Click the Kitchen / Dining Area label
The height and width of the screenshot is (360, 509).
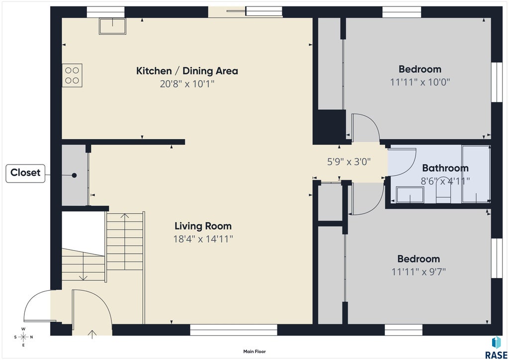pos(187,71)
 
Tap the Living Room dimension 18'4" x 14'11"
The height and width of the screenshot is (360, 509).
pos(203,239)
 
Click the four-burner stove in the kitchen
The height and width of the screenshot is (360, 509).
pos(72,75)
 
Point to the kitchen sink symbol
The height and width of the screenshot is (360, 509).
pos(112,26)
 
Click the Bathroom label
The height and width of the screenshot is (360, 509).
pos(445,168)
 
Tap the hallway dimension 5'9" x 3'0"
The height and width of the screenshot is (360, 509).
pos(349,162)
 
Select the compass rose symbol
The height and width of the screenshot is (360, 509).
pos(23,337)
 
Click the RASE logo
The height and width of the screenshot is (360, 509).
pos(496,348)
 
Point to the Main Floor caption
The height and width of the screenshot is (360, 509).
pos(254,352)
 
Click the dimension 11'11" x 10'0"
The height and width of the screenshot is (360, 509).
pos(420,82)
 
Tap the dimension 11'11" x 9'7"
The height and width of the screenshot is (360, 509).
pos(419,271)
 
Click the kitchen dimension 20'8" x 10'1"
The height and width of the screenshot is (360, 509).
pos(187,84)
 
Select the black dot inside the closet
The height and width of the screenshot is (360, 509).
pos(75,176)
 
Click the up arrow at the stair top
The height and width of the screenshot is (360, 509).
pos(125,216)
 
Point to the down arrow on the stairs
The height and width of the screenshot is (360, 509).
pos(84,277)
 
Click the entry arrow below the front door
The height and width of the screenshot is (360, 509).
pos(92,334)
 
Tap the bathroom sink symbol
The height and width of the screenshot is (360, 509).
pos(410,195)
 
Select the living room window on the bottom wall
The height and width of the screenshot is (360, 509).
pos(234,330)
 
